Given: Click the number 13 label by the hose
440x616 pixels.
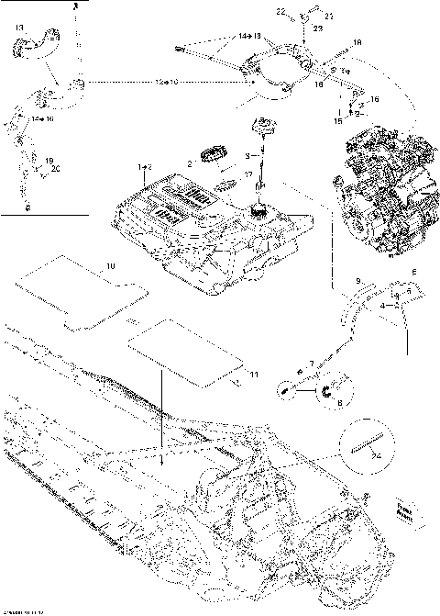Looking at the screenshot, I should (x=19, y=28).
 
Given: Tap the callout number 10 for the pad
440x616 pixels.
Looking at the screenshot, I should (x=110, y=265).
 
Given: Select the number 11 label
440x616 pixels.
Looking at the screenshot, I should (x=253, y=375).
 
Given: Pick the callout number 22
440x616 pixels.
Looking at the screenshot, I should (x=281, y=11).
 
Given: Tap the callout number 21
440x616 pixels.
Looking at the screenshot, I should (x=330, y=17).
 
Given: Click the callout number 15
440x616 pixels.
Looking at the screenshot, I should (x=336, y=119).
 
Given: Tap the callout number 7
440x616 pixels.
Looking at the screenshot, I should (x=312, y=364).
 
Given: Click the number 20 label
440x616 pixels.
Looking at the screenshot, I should (x=54, y=168).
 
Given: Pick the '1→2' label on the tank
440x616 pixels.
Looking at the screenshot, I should (x=144, y=168).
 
